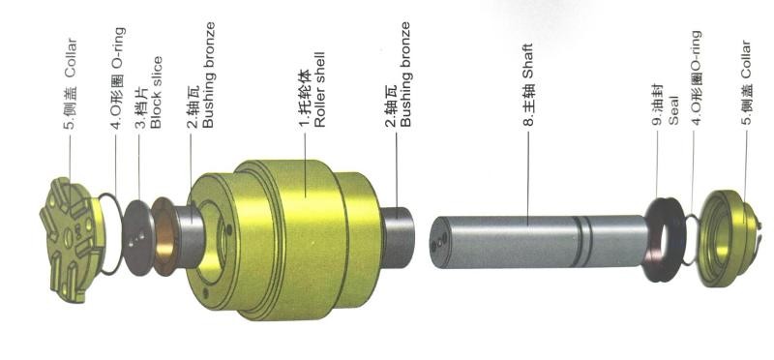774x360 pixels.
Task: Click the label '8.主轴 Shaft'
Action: point(528,85)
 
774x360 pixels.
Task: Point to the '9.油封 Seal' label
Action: point(666,105)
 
